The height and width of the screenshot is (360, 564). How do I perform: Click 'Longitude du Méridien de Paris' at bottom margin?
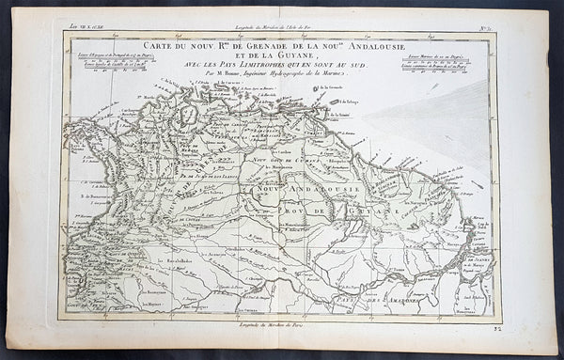point(282,325)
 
